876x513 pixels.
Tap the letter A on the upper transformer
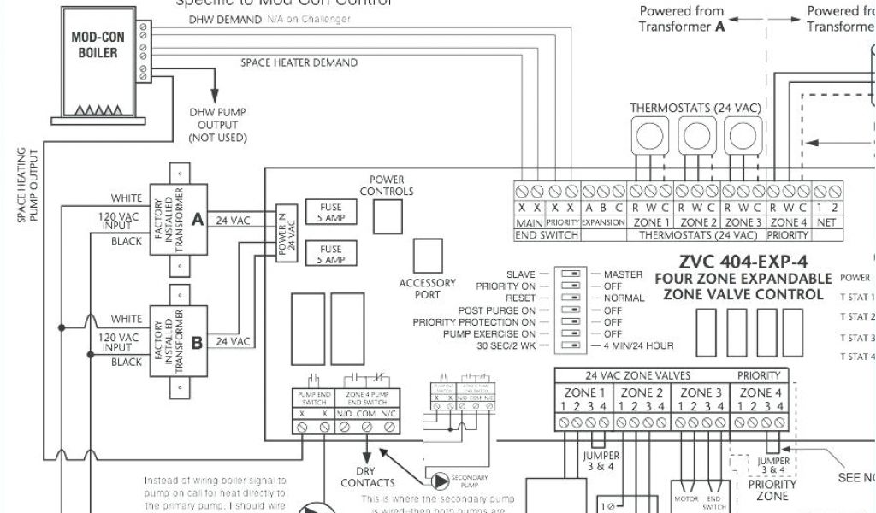[x=198, y=220]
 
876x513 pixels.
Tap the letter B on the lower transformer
[x=198, y=342]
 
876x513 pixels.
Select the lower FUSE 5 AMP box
[x=330, y=255]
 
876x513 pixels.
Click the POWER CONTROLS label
[x=387, y=186]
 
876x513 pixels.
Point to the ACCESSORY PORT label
[x=428, y=289]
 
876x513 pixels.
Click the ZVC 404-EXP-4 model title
[x=743, y=262]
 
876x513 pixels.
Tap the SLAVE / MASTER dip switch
[x=569, y=274]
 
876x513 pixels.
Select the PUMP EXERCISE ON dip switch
[x=569, y=334]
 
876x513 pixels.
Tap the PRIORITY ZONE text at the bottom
[x=772, y=490]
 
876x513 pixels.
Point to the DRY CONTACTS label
[x=368, y=477]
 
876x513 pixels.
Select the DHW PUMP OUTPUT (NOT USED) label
[x=218, y=125]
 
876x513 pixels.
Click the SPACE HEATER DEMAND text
[x=299, y=62]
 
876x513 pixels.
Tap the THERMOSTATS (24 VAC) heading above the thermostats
[x=695, y=108]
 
